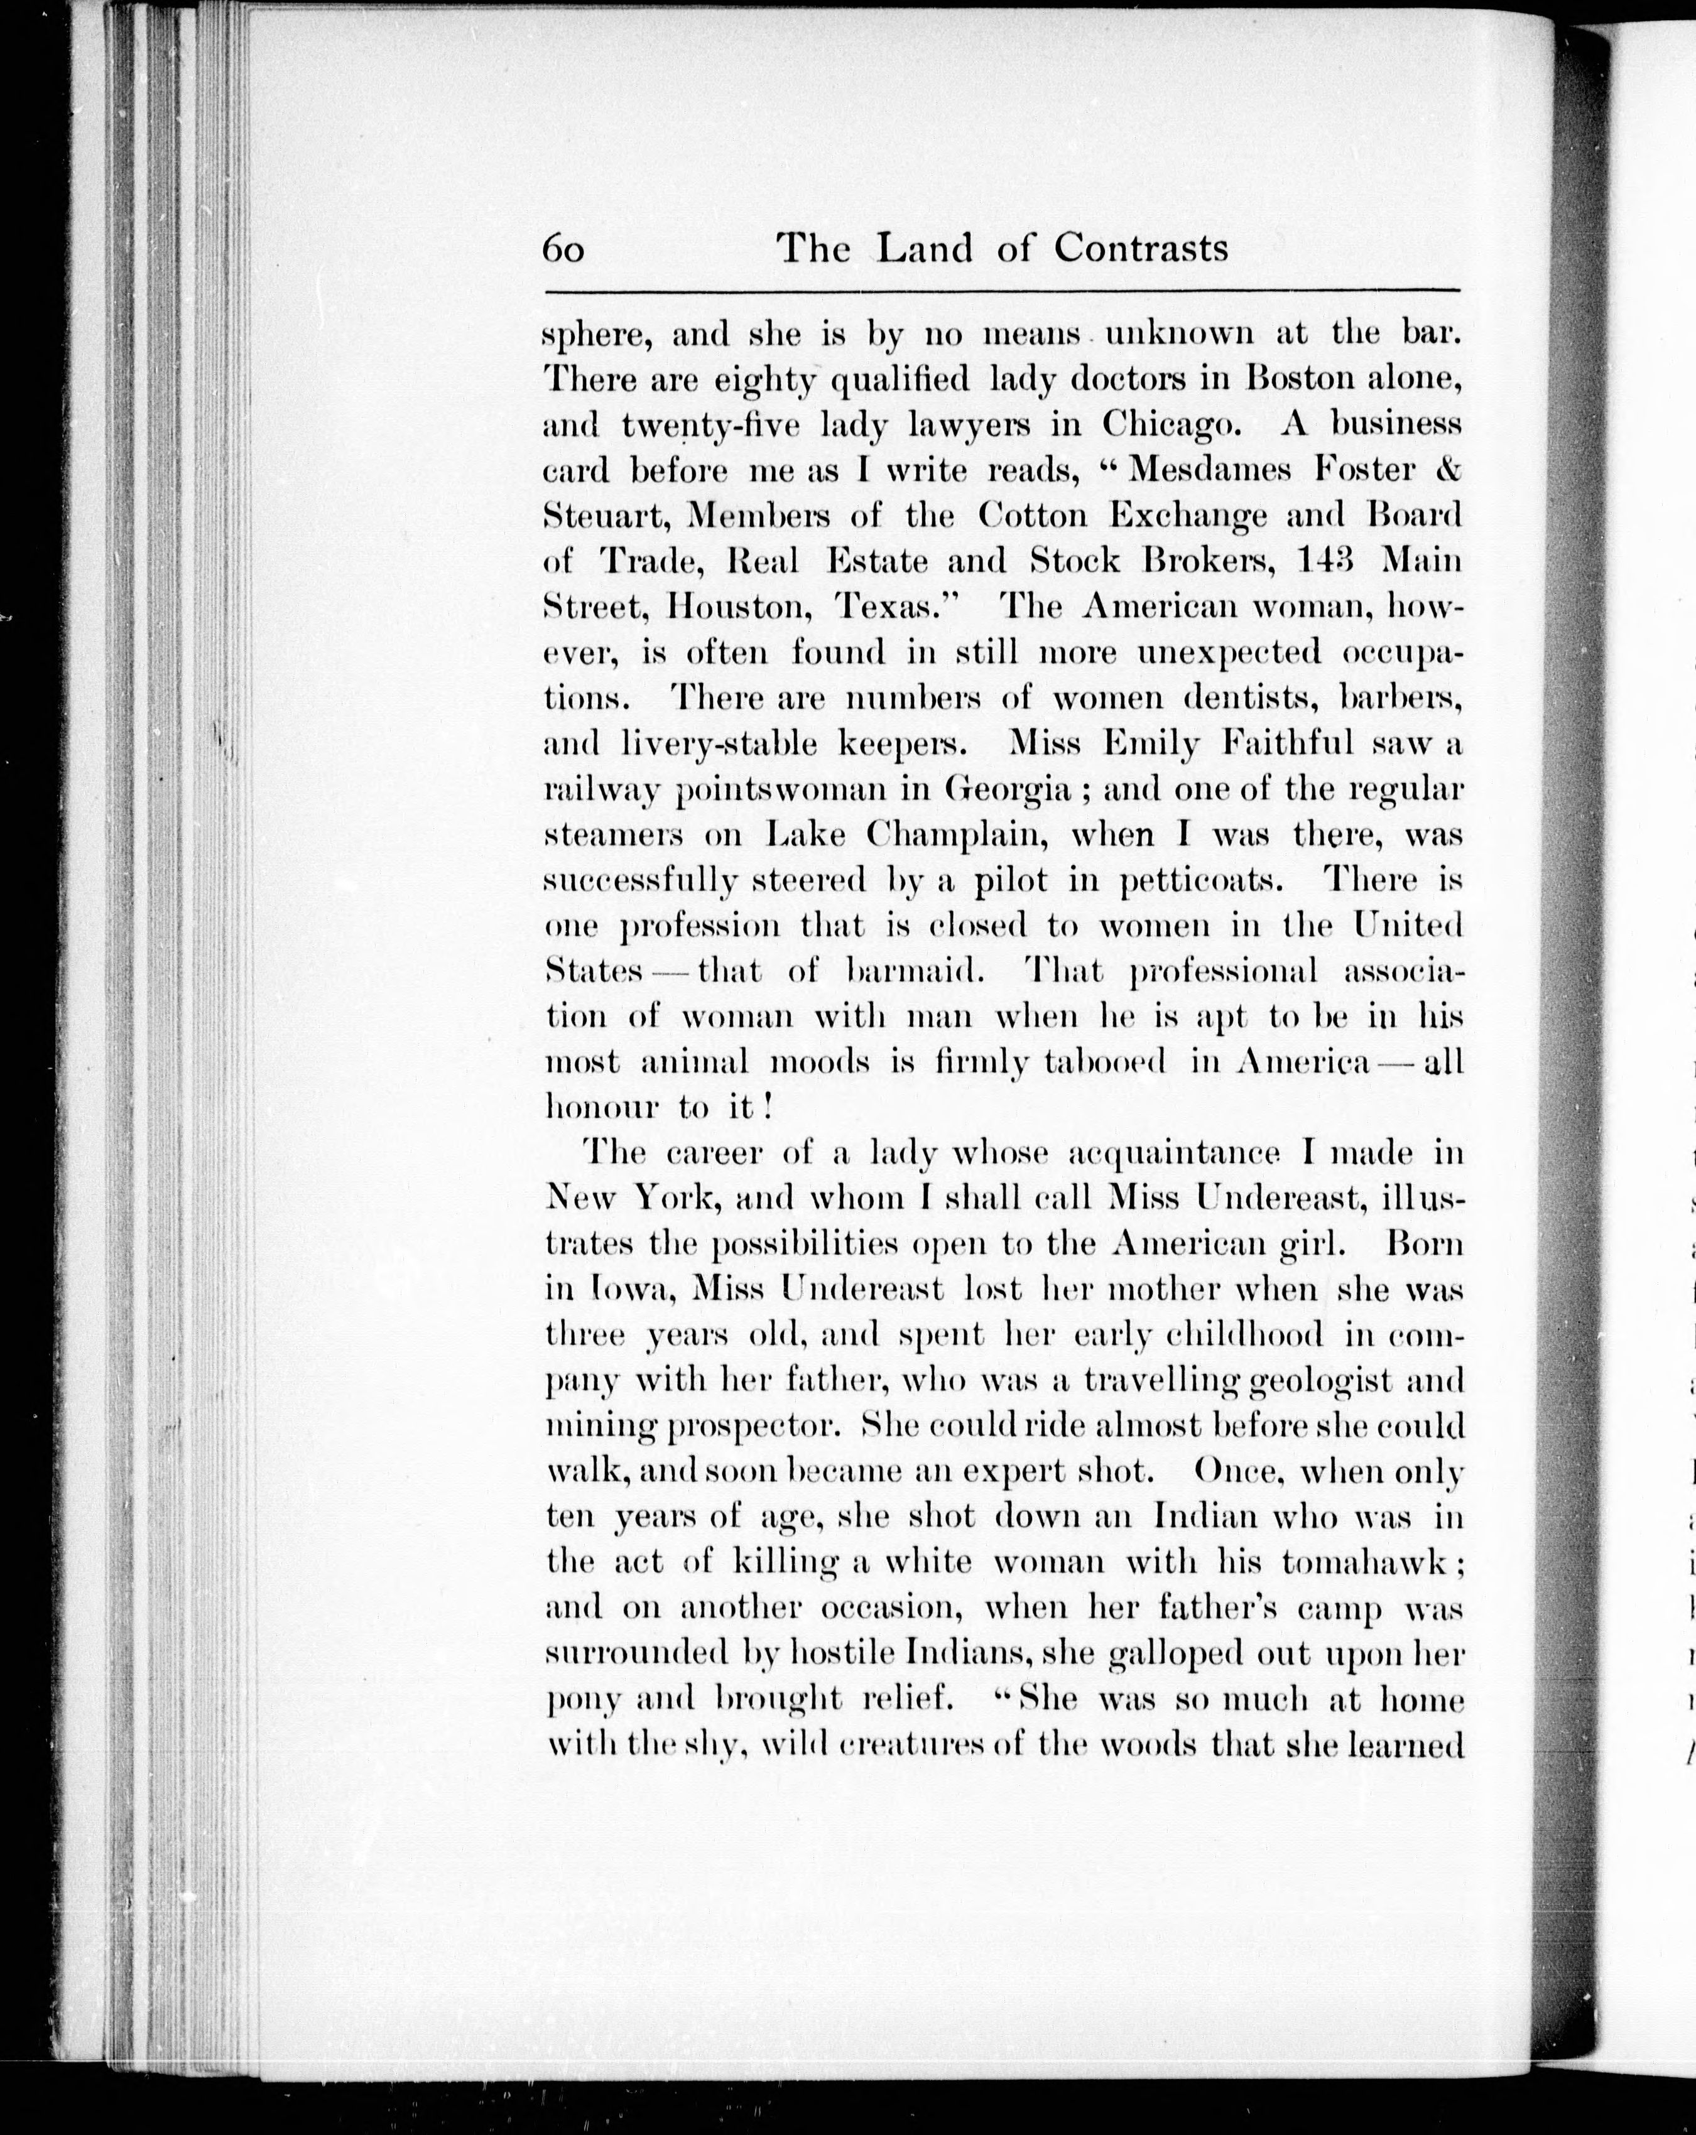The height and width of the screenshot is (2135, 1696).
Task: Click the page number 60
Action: pos(563,249)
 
